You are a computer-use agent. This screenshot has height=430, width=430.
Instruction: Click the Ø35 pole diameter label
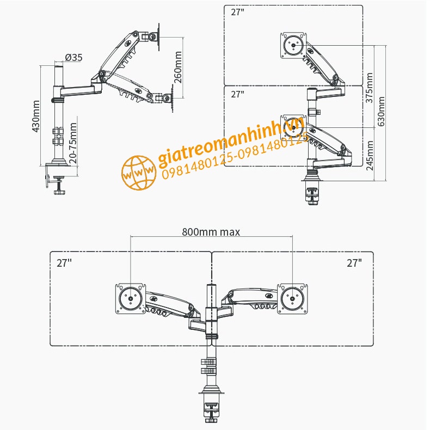click(73, 57)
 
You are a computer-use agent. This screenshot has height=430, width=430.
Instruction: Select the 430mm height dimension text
click(36, 116)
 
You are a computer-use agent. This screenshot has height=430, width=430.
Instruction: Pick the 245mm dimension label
click(370, 155)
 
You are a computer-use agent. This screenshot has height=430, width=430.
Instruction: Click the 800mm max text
click(211, 231)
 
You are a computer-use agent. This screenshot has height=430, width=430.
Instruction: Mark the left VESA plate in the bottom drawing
click(131, 299)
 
